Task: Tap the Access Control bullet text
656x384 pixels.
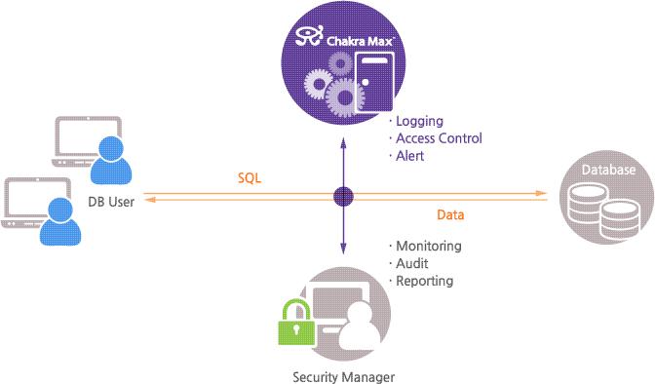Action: [438, 138]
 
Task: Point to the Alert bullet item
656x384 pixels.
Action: [409, 155]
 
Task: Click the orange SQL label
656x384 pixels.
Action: [250, 179]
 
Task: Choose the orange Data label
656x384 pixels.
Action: [449, 213]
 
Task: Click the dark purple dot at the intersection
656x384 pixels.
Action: [343, 196]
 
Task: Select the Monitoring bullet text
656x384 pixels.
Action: [428, 247]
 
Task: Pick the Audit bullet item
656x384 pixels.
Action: [412, 263]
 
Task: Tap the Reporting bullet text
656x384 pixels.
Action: [424, 281]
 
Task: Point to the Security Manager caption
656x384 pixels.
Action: [344, 374]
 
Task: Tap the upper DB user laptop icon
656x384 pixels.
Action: [86, 141]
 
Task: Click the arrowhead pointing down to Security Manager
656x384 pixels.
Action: [343, 250]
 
